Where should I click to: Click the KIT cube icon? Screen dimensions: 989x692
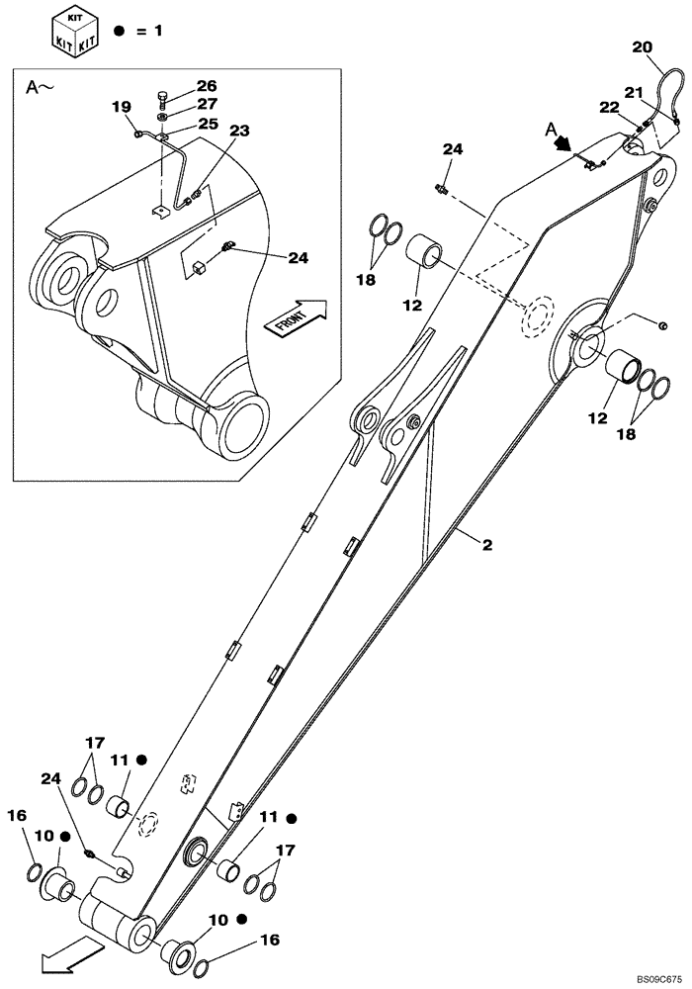[x=74, y=30]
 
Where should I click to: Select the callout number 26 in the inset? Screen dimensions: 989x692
[x=206, y=86]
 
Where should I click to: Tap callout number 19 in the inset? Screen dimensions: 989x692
[x=121, y=107]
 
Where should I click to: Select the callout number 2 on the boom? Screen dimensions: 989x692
[x=486, y=544]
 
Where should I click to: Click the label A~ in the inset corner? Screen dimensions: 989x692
[x=40, y=88]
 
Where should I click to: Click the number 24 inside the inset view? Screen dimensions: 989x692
[x=298, y=258]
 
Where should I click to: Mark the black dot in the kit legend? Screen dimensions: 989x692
[x=119, y=31]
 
